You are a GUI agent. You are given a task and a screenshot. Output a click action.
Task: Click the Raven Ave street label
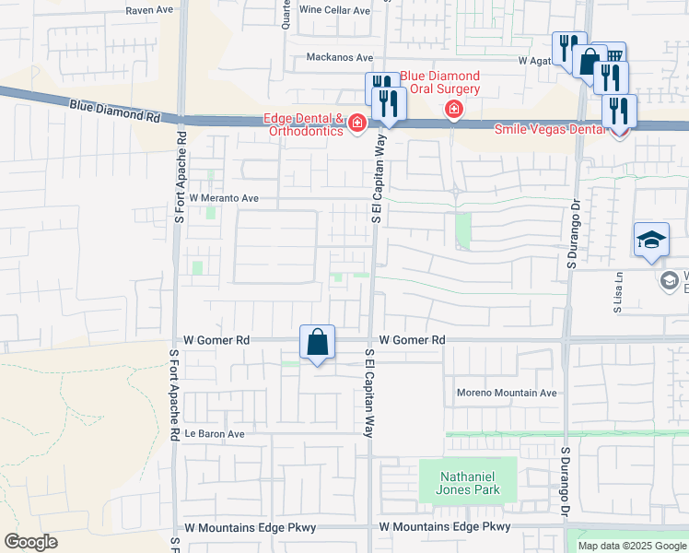(x=150, y=10)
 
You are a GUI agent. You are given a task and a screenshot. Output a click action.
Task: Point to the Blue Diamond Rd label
(x=114, y=112)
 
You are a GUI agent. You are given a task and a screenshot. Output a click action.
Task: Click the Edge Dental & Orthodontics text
(x=303, y=124)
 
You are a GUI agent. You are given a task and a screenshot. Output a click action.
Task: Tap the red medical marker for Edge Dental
(x=355, y=124)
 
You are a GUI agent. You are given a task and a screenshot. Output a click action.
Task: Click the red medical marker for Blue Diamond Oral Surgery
(x=453, y=111)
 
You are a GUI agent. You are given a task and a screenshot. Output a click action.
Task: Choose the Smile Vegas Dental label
(x=551, y=129)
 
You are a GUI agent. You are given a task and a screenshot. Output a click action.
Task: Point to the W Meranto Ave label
(x=224, y=197)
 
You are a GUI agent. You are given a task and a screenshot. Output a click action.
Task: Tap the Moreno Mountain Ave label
(x=507, y=393)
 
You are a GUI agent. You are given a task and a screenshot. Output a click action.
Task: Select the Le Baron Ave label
(x=214, y=433)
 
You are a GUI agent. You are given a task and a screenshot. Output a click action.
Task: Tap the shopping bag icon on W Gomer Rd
(x=317, y=343)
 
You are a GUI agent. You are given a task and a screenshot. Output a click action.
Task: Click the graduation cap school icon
(x=651, y=241)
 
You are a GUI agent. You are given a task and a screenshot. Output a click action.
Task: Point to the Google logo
(x=30, y=542)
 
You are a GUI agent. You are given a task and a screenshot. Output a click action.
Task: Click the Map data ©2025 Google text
(x=631, y=546)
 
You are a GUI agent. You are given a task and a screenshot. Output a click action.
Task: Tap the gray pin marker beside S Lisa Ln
(x=670, y=278)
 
